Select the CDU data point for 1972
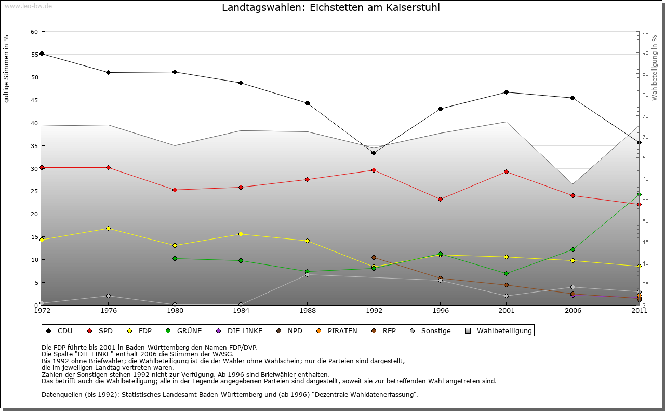pos(42,54)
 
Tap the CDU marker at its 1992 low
pos(374,153)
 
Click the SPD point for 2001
pos(507,171)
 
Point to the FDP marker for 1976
pos(108,228)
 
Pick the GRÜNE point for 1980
pos(175,258)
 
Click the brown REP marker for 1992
pos(374,257)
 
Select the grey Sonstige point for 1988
pos(307,274)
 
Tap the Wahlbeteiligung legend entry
pos(498,330)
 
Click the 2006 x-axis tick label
pos(573,311)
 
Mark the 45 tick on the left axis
pos(34,100)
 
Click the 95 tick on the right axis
pos(645,32)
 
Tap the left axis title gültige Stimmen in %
pos(7,69)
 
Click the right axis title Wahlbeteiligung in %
pos(655,68)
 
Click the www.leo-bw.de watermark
pos(26,6)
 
